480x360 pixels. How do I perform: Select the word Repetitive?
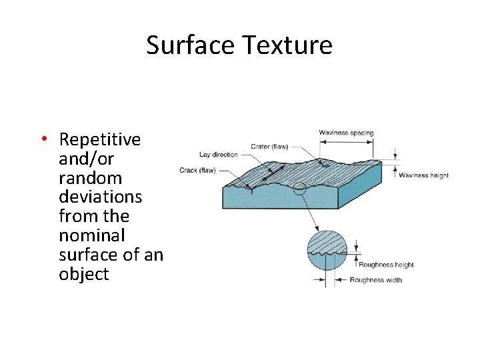(99, 139)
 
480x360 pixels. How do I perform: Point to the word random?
(90, 178)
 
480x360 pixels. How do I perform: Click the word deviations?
(100, 197)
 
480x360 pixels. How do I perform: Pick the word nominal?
(91, 235)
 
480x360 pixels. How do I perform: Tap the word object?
(83, 274)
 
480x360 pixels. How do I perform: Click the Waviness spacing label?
(346, 133)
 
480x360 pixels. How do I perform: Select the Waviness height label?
(423, 175)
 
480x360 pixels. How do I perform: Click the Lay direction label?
(219, 155)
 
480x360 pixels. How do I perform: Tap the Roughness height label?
(386, 265)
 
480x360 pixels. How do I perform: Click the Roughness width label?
(376, 280)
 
